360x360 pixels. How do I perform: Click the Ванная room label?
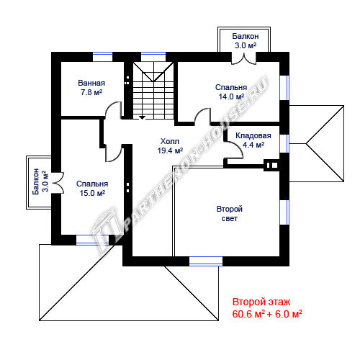[x=91, y=83]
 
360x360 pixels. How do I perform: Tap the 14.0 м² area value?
[x=231, y=96]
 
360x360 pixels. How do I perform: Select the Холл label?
[x=170, y=141]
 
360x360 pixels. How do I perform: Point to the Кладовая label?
[x=253, y=135]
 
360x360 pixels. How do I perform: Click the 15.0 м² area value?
[x=92, y=193]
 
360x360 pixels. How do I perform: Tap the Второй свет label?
[x=230, y=214]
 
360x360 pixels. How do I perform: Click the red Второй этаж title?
[x=261, y=302]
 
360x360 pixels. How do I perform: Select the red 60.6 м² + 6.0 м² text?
[x=267, y=314]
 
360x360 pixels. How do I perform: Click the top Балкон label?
[x=246, y=36]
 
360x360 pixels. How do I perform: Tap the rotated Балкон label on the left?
[x=36, y=181]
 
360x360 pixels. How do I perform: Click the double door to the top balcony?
[x=244, y=59]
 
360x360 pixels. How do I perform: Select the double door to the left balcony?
[x=58, y=183]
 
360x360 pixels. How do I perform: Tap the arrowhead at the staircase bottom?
[x=143, y=117]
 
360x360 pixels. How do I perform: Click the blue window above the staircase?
[x=153, y=57]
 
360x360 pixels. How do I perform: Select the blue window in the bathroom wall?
[x=102, y=57]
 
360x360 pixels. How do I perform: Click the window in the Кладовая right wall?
[x=284, y=143]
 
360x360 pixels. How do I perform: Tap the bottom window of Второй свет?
[x=206, y=261]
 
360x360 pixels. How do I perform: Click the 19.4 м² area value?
[x=170, y=150]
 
